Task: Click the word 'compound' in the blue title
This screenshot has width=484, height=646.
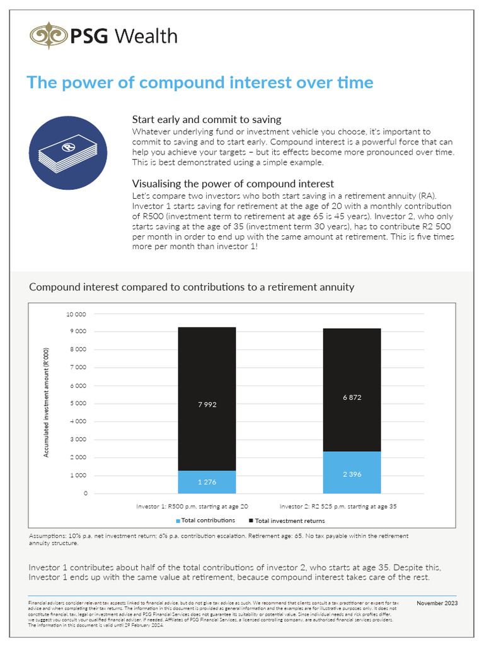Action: point(176,83)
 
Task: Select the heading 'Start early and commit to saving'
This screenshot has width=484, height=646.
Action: point(206,119)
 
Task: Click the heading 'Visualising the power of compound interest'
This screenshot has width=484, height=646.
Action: point(233,184)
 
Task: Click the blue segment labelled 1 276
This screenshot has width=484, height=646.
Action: point(207,482)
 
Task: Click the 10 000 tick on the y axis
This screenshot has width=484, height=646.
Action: point(78,314)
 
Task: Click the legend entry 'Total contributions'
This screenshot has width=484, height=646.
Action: point(207,520)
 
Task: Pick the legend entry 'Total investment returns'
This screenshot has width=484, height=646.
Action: point(289,520)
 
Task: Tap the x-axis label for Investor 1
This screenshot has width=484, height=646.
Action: point(192,506)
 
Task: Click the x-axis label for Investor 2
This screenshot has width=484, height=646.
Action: point(338,506)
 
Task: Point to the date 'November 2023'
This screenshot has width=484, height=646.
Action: point(437,603)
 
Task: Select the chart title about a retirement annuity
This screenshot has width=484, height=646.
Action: point(192,287)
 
